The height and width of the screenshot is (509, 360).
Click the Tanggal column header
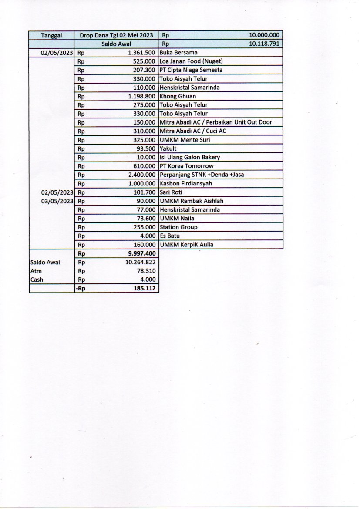pos(51,35)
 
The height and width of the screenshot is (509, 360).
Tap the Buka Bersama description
pos(178,53)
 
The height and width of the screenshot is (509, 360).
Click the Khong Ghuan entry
pos(178,96)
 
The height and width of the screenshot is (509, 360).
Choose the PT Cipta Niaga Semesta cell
pos(191,70)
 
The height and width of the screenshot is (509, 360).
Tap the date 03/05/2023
pos(57,201)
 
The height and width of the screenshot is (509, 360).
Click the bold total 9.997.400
pos(142,253)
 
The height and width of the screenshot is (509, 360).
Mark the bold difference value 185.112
pos(146,288)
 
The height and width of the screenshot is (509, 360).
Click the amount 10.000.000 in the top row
pos(264,35)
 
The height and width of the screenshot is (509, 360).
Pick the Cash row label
pos(37,280)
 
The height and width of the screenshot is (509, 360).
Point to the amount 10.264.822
pos(140,262)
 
